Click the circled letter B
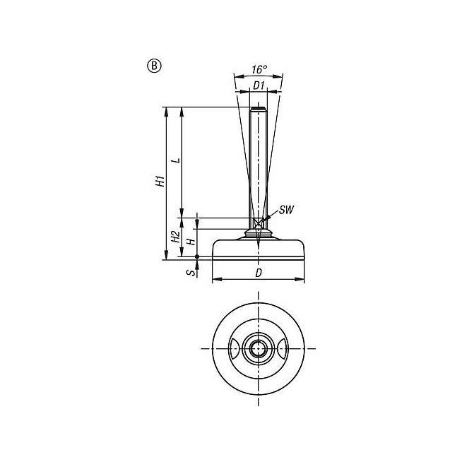click(154, 66)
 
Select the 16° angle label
click(259, 69)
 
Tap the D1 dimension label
click(259, 85)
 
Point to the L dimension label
click(176, 160)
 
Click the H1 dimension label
click(160, 181)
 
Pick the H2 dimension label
click(176, 237)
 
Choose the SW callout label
click(286, 210)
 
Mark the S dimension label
click(191, 273)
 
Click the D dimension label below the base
click(259, 273)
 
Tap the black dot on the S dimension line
click(197, 257)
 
